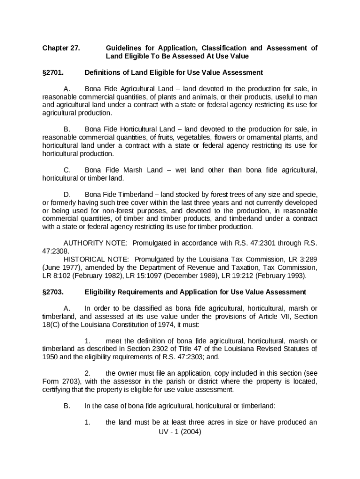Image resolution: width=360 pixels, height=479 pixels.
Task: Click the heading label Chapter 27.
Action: click(61, 48)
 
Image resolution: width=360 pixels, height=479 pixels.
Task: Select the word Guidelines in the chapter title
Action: click(123, 48)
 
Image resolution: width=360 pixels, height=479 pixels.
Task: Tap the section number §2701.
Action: click(53, 73)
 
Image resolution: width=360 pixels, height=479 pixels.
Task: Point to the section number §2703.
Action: click(53, 292)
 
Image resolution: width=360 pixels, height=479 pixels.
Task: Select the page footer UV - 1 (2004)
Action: click(180, 432)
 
